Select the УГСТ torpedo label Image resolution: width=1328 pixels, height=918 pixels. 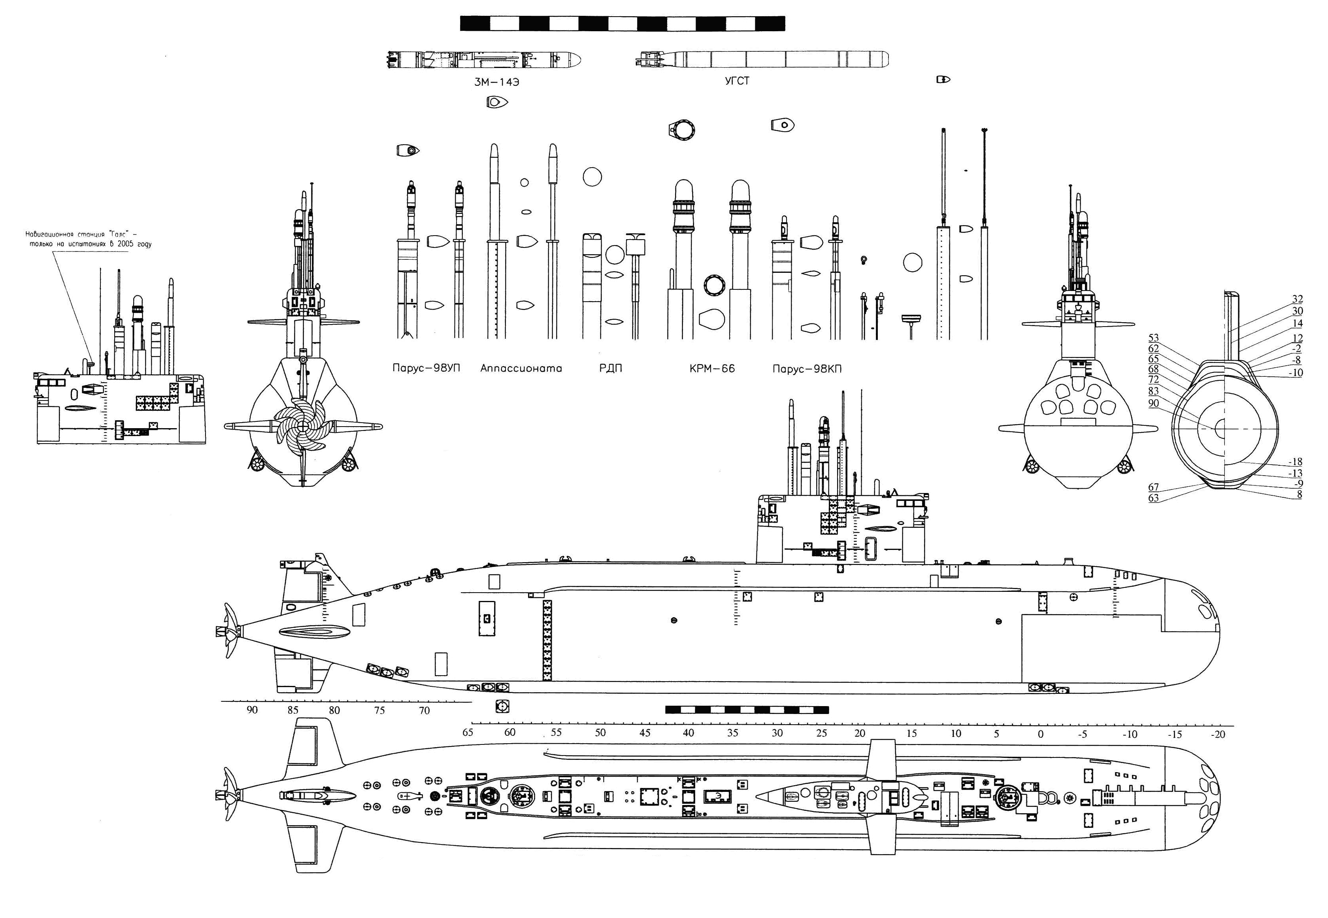pyautogui.click(x=737, y=81)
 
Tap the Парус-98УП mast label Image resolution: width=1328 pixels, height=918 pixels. pyautogui.click(x=426, y=368)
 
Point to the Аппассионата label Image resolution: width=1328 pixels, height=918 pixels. pyautogui.click(x=521, y=368)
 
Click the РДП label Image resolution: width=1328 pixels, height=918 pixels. pyautogui.click(x=611, y=368)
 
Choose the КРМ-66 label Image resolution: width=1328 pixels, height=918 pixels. pyautogui.click(x=712, y=368)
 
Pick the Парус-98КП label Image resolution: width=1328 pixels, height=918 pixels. pyautogui.click(x=807, y=369)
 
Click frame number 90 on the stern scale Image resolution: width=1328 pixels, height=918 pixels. pyautogui.click(x=252, y=710)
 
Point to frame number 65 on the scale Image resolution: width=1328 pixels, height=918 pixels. pyautogui.click(x=468, y=732)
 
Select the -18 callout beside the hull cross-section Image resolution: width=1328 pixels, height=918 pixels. pyautogui.click(x=1295, y=462)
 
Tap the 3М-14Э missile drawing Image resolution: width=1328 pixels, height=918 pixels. pyautogui.click(x=483, y=59)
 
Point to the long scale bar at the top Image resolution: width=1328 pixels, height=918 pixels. pyautogui.click(x=622, y=24)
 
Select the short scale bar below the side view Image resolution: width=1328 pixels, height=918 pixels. pyautogui.click(x=747, y=710)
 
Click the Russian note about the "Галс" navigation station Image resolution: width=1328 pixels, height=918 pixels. pyautogui.click(x=89, y=239)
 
